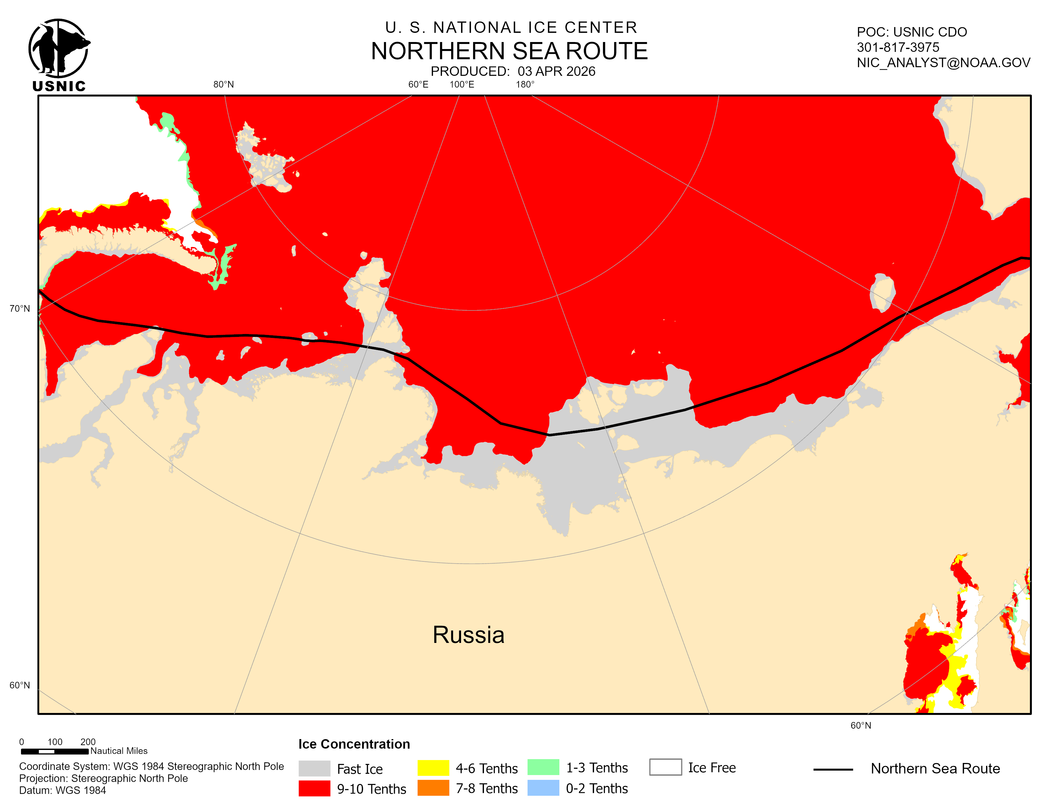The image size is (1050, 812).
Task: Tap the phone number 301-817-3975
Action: tap(898, 47)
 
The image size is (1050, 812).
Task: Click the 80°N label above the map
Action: tap(224, 85)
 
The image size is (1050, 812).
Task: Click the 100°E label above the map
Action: tap(462, 85)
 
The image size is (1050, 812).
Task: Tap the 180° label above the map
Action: tap(525, 85)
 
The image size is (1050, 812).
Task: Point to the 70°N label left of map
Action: tap(20, 308)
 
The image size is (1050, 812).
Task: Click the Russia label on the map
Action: tap(468, 635)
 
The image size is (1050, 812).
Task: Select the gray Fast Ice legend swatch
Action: tap(314, 768)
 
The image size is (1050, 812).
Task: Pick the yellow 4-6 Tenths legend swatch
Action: tap(433, 768)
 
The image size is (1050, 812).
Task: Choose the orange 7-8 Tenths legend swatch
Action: tap(433, 788)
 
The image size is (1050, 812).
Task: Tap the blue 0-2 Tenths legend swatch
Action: tap(543, 788)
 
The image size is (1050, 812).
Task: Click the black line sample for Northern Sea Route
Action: tap(833, 770)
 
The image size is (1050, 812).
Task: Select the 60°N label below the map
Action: tap(861, 725)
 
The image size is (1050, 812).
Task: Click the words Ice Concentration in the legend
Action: tap(354, 744)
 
